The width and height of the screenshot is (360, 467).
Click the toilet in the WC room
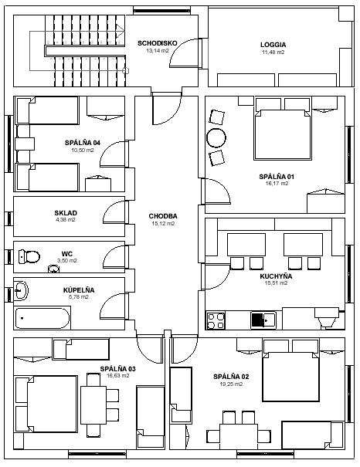click(29, 256)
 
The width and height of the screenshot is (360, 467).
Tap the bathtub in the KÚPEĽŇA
click(42, 318)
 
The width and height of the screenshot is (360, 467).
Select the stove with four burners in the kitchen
click(216, 320)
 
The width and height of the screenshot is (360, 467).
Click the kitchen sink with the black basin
click(263, 320)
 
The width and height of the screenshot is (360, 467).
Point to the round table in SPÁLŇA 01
click(216, 138)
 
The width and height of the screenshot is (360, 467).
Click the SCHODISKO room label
click(157, 43)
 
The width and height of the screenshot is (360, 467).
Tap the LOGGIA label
click(273, 45)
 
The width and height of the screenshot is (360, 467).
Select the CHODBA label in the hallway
click(163, 216)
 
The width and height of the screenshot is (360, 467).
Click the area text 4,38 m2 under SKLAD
click(66, 220)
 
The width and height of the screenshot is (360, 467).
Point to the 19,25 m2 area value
click(231, 384)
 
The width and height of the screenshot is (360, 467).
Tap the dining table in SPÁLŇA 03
click(93, 405)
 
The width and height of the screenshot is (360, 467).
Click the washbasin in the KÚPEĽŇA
click(21, 289)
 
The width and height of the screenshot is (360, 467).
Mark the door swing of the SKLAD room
click(114, 212)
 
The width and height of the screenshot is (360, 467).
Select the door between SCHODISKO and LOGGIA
click(186, 53)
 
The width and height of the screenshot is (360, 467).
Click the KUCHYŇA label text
click(276, 276)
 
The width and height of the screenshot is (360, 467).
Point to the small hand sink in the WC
click(53, 269)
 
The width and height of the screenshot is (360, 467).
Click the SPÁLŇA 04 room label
click(83, 143)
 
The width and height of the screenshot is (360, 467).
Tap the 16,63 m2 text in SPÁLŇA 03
click(118, 376)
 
